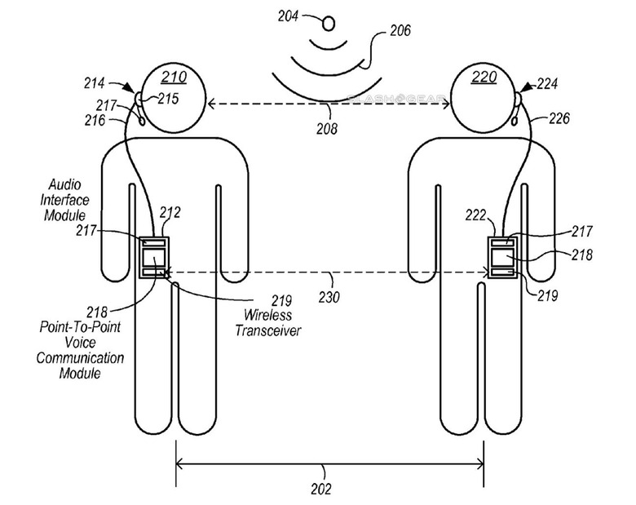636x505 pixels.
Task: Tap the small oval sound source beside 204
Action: click(x=329, y=23)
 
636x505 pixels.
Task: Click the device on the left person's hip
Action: click(x=153, y=257)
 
